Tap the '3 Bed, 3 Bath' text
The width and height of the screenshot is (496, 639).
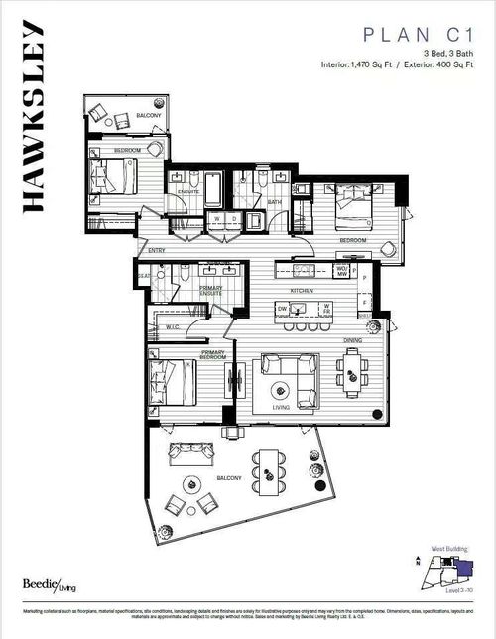pos(447,53)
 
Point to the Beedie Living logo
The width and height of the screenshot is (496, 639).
pos(43,586)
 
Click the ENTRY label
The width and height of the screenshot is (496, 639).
pos(157,250)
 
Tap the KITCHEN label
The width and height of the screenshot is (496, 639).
pos(302,291)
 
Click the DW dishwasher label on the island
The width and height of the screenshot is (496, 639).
pos(283,310)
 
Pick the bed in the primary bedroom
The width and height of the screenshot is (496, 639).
pos(171,382)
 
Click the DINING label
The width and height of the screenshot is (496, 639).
pos(350,340)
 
